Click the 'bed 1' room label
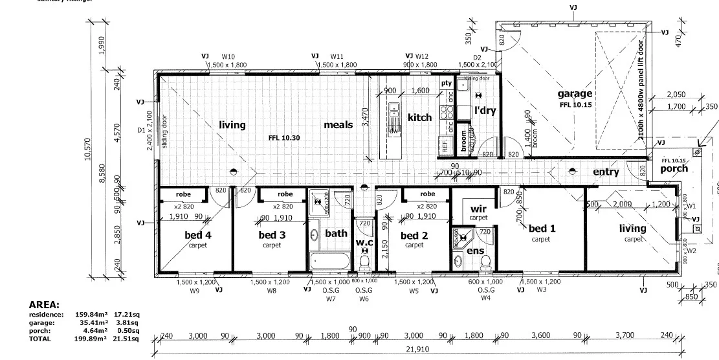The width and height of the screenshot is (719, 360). click(542, 229)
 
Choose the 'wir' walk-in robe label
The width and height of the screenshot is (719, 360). click(478, 209)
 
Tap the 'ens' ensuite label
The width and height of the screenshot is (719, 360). click(475, 251)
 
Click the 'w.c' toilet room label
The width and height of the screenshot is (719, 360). click(364, 242)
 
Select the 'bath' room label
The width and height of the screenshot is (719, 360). click(336, 233)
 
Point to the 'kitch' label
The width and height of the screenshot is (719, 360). click(419, 117)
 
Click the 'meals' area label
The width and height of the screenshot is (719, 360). click(338, 124)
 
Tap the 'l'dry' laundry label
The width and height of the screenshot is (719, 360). click(485, 110)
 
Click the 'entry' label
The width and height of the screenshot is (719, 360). click(606, 172)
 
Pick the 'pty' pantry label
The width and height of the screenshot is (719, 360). click(446, 84)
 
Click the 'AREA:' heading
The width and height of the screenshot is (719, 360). click(45, 304)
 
